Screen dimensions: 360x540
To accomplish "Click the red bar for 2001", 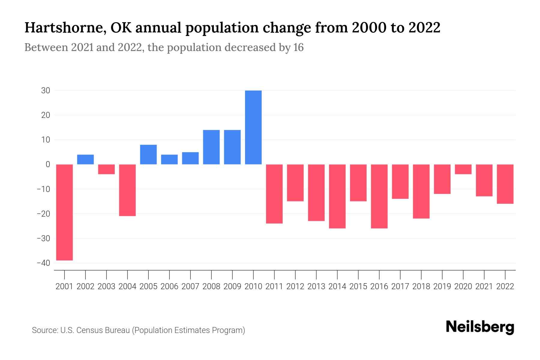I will [64, 212].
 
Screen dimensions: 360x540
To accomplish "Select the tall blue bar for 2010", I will [253, 127].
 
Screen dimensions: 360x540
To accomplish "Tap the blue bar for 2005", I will [148, 154].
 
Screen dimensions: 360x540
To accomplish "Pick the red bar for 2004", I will [127, 190].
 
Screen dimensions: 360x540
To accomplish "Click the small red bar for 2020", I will [463, 169].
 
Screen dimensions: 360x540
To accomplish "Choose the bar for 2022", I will [505, 184].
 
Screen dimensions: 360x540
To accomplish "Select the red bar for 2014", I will [337, 196].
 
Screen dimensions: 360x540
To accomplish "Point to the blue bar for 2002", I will [85, 159].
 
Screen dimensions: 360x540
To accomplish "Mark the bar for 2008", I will [211, 147].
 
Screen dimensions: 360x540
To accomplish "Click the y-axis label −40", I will [43, 263].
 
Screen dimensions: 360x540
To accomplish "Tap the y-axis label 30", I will [46, 90].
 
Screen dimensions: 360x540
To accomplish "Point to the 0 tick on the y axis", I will [48, 164].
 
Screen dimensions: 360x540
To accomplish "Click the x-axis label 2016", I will [379, 286].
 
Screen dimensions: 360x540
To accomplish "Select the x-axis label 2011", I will [274, 286].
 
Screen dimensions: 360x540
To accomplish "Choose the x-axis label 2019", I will [442, 286].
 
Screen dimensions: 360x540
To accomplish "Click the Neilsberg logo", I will [480, 327].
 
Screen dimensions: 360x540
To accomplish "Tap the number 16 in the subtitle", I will [298, 47].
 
